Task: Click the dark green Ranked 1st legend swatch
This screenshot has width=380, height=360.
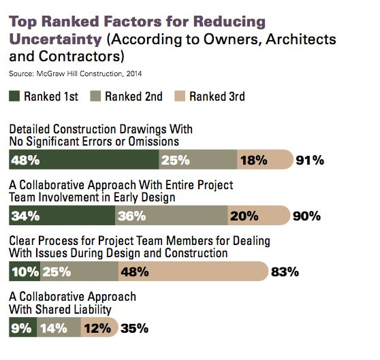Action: (x=15, y=97)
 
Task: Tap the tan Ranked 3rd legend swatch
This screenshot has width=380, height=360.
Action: (x=180, y=97)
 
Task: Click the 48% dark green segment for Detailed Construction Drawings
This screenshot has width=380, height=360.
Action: (x=84, y=160)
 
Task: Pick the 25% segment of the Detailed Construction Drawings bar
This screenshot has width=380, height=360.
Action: (x=197, y=160)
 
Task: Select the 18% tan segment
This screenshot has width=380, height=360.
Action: (x=263, y=160)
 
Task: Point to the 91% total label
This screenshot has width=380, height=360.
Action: (x=310, y=161)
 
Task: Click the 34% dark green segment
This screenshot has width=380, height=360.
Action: (x=62, y=216)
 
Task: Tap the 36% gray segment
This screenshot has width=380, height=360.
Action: (x=171, y=216)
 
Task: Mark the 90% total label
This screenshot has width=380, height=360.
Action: (x=306, y=216)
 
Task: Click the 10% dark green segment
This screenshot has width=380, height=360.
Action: (x=25, y=272)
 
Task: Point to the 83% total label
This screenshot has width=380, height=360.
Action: (x=285, y=273)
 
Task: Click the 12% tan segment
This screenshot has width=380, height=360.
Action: (x=97, y=328)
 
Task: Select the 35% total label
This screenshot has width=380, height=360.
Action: (x=134, y=329)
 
